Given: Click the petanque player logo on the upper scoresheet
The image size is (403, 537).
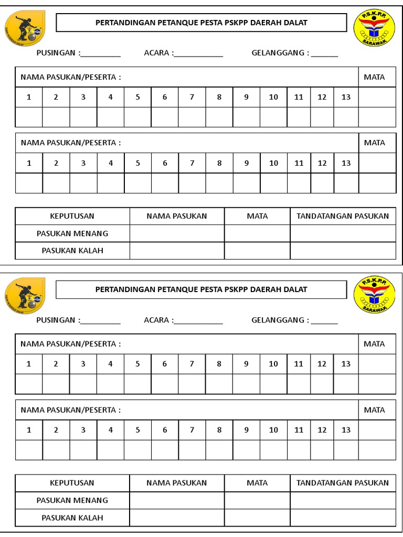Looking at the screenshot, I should click(25, 29).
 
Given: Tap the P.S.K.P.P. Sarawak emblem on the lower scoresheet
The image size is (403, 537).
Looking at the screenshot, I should click(374, 294).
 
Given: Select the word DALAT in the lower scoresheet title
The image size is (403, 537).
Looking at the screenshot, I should click(295, 289).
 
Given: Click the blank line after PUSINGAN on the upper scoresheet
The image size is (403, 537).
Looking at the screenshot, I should click(100, 53).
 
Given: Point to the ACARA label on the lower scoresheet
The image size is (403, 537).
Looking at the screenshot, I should click(157, 320).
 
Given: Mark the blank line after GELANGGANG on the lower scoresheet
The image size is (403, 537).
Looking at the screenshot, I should click(324, 321).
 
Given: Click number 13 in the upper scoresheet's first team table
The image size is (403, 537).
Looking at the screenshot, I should click(346, 97).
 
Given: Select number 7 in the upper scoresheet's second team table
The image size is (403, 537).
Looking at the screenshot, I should click(192, 163).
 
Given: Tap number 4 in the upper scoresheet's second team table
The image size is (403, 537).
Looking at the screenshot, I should click(110, 163).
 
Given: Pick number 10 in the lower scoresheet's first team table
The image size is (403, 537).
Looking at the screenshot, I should click(273, 364).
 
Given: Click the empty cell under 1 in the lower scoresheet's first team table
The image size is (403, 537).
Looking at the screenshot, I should click(29, 384).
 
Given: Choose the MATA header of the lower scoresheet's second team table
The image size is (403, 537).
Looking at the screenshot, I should click(374, 410).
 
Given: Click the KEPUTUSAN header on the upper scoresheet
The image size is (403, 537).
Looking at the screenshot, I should click(72, 216).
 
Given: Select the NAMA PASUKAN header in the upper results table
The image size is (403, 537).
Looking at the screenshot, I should click(177, 216).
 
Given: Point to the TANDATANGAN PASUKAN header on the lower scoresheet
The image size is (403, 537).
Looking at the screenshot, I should click(343, 483).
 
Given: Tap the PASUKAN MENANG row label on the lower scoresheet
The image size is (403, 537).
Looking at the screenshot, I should click(72, 500).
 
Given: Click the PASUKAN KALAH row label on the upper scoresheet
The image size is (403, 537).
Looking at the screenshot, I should click(72, 251).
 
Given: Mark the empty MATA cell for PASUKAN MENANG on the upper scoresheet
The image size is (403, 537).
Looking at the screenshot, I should click(257, 233).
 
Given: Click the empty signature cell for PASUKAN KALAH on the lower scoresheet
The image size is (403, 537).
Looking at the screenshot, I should click(343, 518).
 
